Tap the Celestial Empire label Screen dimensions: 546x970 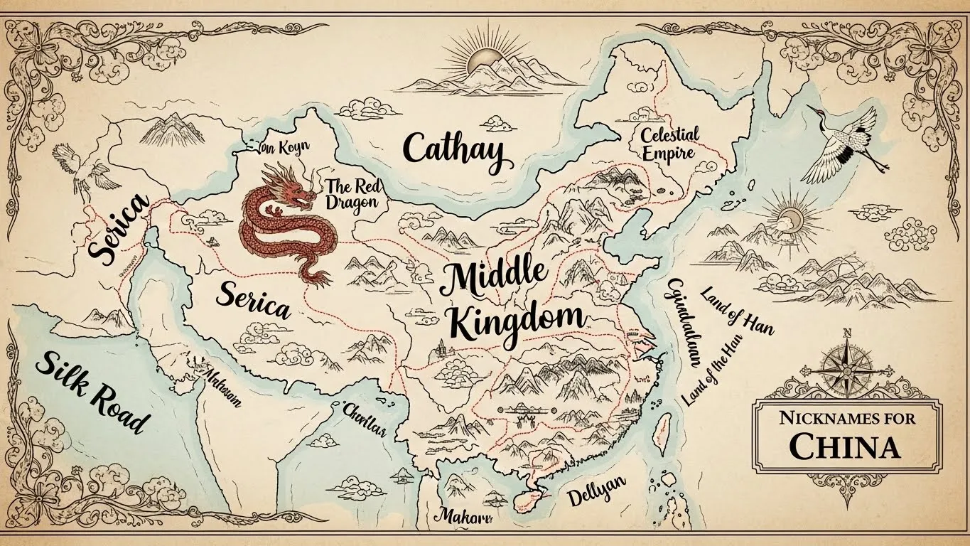[669, 144]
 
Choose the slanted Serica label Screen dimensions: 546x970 [119, 229]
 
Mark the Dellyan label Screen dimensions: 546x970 [596, 491]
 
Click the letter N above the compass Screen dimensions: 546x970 [846, 333]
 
